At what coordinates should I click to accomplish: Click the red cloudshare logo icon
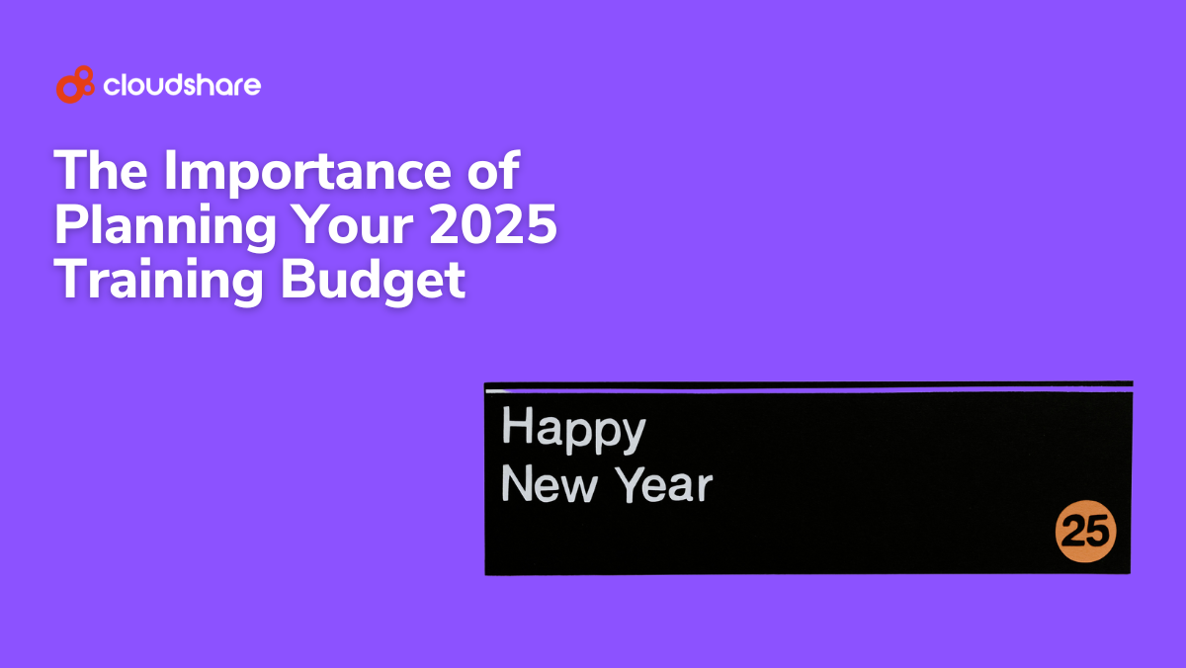tap(75, 85)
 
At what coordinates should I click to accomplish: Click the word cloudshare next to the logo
tap(182, 85)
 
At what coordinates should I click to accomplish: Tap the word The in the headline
tap(101, 170)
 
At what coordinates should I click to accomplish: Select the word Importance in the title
tap(307, 173)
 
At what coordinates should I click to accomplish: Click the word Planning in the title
tap(165, 227)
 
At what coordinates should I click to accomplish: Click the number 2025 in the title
tap(493, 224)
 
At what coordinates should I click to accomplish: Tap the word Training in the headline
tap(158, 282)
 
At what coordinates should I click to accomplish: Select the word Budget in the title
tap(373, 282)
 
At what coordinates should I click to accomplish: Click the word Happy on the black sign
tap(574, 429)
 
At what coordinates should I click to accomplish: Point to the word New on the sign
tap(550, 484)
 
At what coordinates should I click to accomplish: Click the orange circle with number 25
tap(1086, 531)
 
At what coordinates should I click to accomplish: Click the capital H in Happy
tap(517, 425)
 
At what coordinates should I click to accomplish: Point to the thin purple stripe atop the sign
tap(809, 389)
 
